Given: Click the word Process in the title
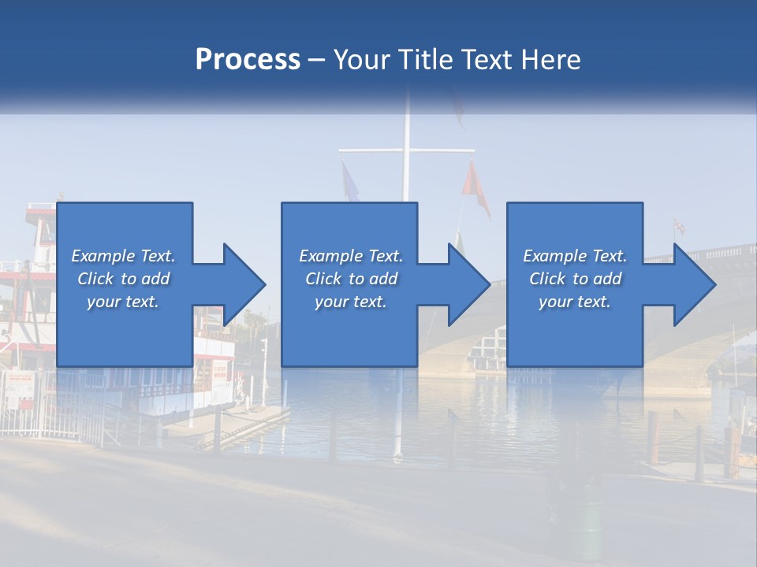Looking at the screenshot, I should [x=248, y=60].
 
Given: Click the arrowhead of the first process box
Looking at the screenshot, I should [x=243, y=284].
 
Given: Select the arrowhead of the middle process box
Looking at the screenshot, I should [x=468, y=284].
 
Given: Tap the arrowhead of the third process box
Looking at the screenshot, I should [x=693, y=284].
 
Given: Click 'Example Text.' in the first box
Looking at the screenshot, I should [x=123, y=256].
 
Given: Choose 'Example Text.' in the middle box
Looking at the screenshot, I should [x=351, y=256].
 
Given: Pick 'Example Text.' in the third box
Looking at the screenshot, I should [x=575, y=256].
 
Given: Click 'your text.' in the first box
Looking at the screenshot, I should [x=123, y=302].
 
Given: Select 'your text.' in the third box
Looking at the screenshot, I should [x=575, y=302].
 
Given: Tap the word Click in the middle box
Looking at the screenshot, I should [x=323, y=279].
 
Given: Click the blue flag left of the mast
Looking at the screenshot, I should [x=349, y=181].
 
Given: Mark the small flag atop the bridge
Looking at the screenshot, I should [x=678, y=227].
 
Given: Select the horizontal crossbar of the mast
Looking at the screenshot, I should [x=406, y=149].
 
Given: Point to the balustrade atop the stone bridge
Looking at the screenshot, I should [x=722, y=252].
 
